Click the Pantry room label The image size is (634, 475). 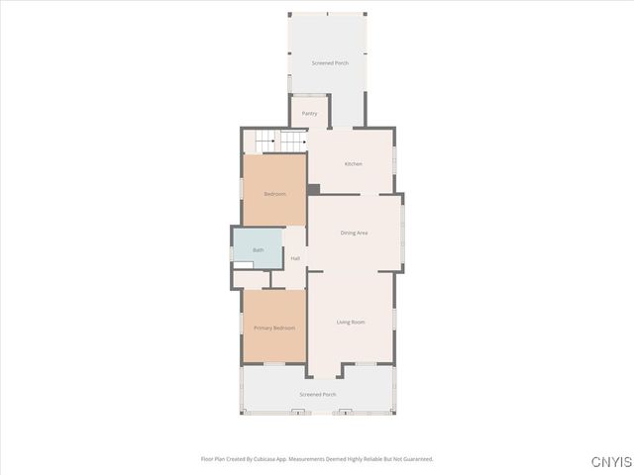[x=309, y=114]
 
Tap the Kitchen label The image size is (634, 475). [x=353, y=163]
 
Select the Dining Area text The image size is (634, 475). [x=354, y=233]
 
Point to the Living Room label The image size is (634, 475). [x=351, y=323]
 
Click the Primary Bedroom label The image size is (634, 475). [x=274, y=328]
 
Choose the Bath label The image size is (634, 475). [x=259, y=250]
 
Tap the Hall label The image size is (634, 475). [x=295, y=258]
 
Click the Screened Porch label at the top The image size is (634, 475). [x=330, y=63]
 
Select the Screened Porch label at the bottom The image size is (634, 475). [x=318, y=394]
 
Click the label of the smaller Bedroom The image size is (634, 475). [x=274, y=194]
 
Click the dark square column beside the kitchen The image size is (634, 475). [x=313, y=189]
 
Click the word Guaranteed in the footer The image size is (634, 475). [x=417, y=459]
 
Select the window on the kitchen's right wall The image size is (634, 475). [x=393, y=157]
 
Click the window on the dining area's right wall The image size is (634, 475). [x=402, y=234]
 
